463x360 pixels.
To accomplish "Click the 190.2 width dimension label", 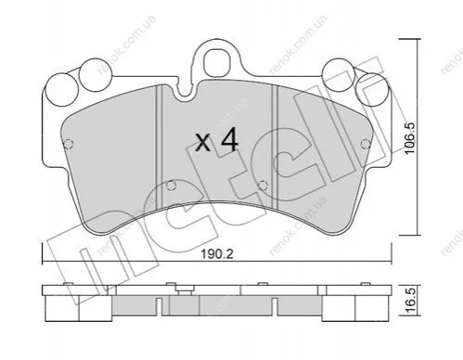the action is (217, 254).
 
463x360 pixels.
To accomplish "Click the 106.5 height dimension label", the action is (410, 138).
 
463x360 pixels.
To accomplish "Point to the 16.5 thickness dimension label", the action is (410, 301).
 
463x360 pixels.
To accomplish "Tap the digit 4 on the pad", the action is (229, 140).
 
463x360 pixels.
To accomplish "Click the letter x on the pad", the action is (203, 143).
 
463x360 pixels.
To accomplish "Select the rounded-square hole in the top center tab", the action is (218, 61).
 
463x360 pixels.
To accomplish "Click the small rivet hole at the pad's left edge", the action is (68, 144).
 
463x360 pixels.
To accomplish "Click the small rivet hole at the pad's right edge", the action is (366, 144).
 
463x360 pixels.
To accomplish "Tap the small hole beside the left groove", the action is (171, 186).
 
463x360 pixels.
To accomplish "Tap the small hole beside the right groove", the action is (263, 186).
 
